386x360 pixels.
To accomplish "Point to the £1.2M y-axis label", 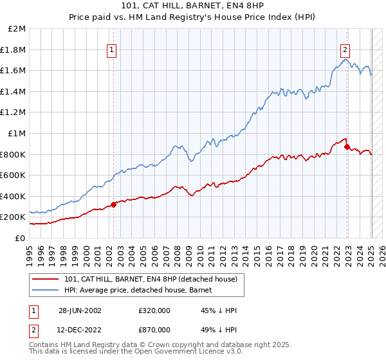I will coord(13,113).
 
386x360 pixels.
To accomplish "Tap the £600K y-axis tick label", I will coord(13,175).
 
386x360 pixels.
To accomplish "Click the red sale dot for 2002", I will coord(114,204).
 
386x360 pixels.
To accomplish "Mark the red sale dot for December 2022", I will coord(347,147).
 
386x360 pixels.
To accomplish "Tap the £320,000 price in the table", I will coord(154,310).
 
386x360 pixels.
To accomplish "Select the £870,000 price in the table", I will coord(154,330).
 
